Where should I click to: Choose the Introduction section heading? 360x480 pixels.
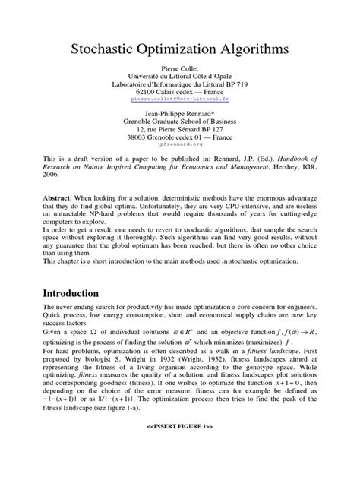(62, 293)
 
